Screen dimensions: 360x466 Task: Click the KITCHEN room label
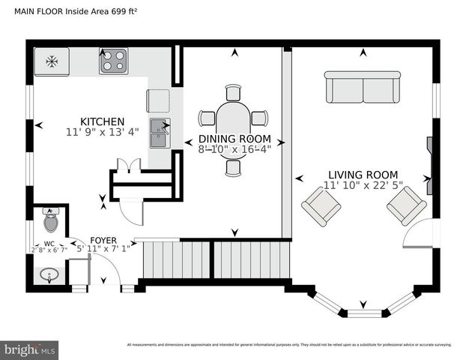[102, 121]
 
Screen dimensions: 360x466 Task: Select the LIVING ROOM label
[363, 174]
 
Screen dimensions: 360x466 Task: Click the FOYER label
[103, 240]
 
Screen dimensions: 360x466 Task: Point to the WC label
[48, 243]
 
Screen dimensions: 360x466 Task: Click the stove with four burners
[113, 61]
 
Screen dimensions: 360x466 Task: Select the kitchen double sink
[159, 133]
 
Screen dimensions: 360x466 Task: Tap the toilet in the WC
[51, 220]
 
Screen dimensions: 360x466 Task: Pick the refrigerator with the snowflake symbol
[52, 61]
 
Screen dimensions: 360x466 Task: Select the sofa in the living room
[363, 88]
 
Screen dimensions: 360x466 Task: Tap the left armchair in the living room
[321, 205]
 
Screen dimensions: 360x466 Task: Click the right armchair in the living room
[406, 205]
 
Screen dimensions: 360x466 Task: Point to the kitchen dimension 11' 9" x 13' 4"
[102, 133]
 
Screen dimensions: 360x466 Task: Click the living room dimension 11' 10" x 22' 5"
[363, 185]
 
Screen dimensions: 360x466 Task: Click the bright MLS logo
[30, 349]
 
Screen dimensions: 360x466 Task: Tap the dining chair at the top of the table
[233, 91]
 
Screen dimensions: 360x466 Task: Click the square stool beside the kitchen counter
[158, 100]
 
